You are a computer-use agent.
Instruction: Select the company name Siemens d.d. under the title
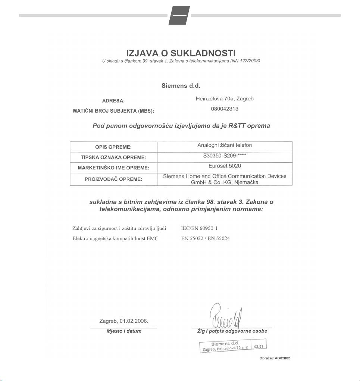point(181,85)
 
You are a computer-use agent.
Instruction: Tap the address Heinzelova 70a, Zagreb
point(225,99)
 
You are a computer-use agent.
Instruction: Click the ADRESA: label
point(113,101)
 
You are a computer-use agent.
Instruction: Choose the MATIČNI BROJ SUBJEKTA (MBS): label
point(113,111)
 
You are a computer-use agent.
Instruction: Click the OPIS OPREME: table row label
point(113,147)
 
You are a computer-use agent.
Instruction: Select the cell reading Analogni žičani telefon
point(225,145)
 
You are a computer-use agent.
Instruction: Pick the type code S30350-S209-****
point(225,155)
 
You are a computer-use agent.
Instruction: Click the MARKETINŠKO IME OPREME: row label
point(113,168)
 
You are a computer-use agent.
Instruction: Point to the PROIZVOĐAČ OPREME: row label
point(113,179)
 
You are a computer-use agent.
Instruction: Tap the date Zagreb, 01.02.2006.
point(123,321)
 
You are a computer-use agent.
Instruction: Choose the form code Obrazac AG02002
point(275,358)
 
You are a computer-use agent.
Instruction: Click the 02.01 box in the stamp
point(259,346)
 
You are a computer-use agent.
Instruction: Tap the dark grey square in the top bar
point(179,16)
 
